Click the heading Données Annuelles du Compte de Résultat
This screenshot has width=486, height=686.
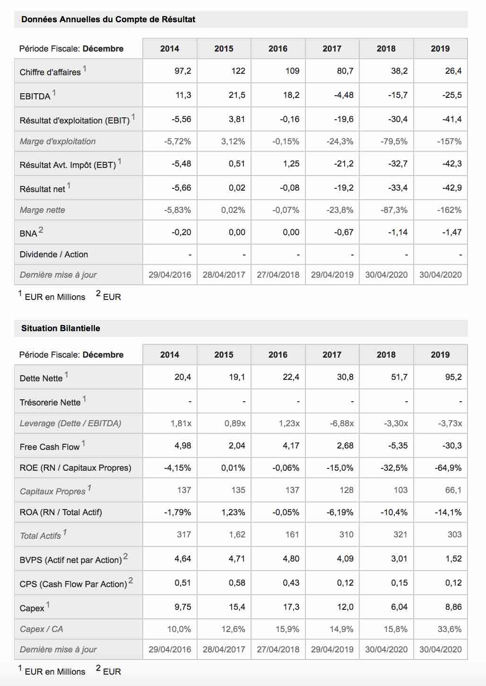click(108, 19)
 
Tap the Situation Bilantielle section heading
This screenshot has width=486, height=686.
click(61, 328)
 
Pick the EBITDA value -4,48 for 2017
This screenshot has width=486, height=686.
click(344, 95)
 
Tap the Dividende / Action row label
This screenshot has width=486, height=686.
click(54, 255)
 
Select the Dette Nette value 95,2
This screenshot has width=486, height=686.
click(453, 377)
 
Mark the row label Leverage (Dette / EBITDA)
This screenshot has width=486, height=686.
click(70, 423)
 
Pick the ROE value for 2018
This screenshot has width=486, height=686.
click(394, 468)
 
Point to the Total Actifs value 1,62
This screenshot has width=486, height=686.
click(237, 535)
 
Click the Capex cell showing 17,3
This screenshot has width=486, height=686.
click(291, 607)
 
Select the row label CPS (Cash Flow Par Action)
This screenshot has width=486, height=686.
click(73, 584)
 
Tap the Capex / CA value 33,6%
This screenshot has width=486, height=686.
click(450, 629)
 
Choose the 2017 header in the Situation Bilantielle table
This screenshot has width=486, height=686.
click(332, 355)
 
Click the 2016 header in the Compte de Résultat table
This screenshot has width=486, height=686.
click(278, 49)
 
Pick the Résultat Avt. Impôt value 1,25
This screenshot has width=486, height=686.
click(291, 164)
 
